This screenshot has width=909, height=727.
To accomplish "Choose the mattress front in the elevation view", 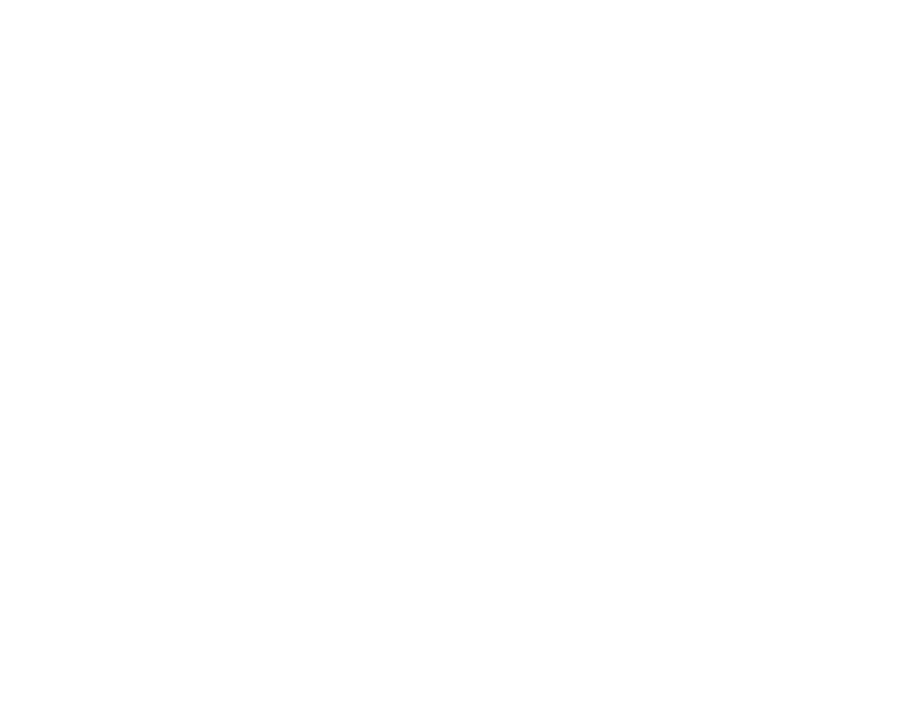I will (x=305, y=191).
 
